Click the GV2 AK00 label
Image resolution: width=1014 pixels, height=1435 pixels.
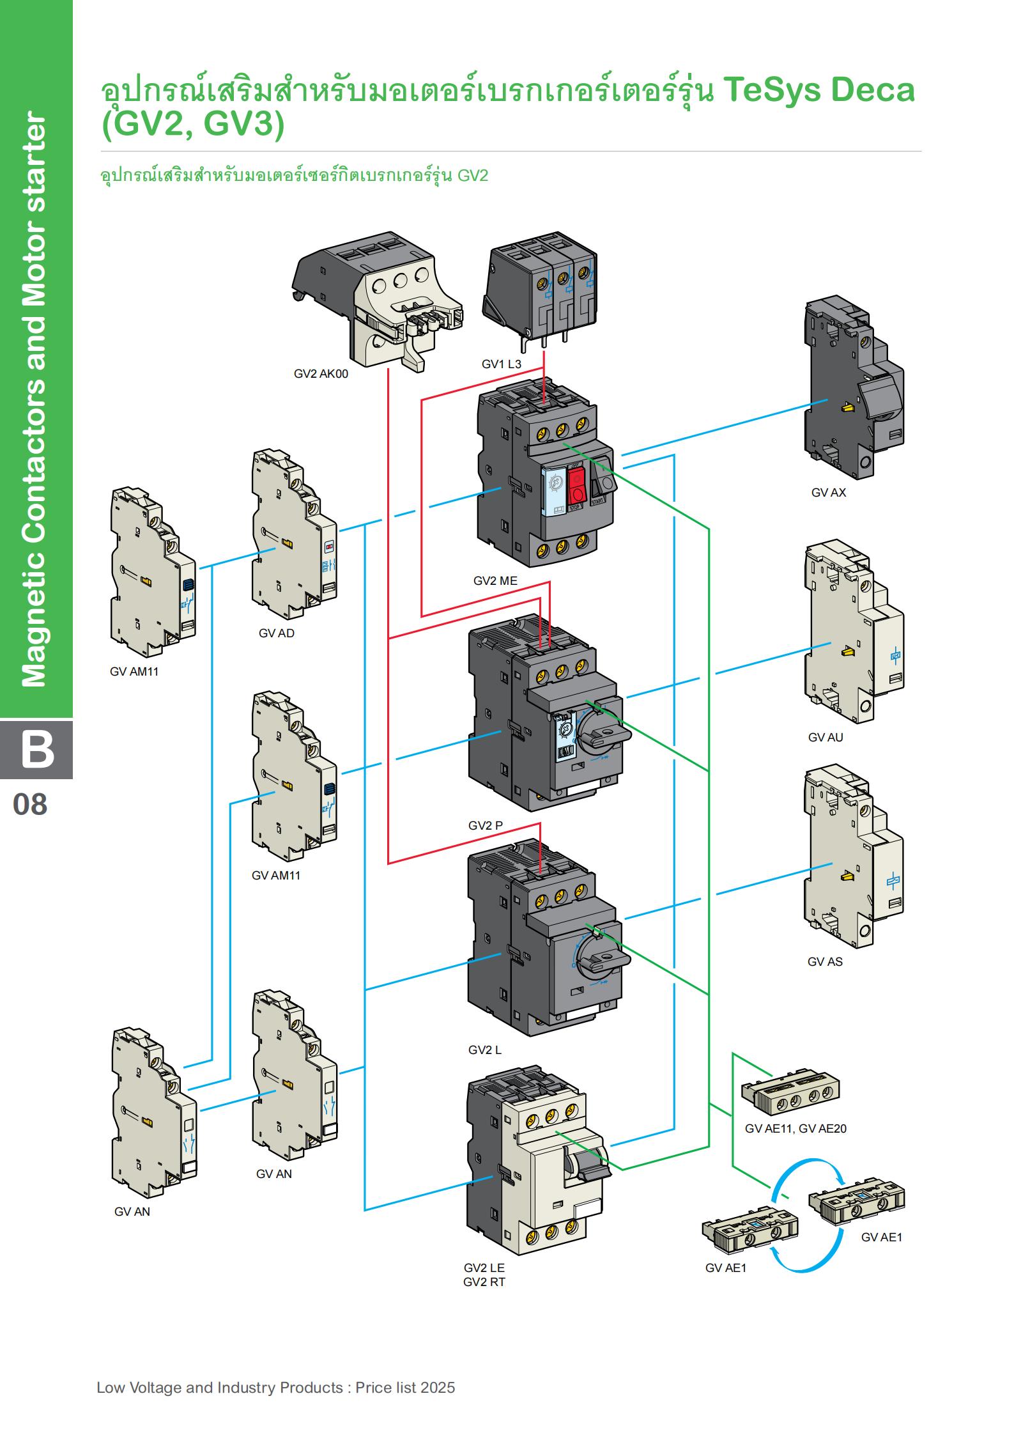(321, 374)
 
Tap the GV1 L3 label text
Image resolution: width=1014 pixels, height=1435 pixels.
(502, 364)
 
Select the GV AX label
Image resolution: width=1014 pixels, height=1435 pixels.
(829, 493)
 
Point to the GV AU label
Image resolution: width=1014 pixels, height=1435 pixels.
(826, 737)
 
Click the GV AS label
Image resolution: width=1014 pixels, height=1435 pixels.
(825, 961)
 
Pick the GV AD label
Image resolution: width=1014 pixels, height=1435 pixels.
(277, 633)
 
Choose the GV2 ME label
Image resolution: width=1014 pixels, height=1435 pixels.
(495, 581)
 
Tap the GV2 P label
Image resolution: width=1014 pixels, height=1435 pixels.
(486, 825)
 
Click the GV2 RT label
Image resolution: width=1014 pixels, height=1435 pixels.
(484, 1282)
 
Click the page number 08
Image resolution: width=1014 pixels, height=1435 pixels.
(30, 804)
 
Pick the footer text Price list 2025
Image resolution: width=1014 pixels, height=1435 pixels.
(405, 1388)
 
